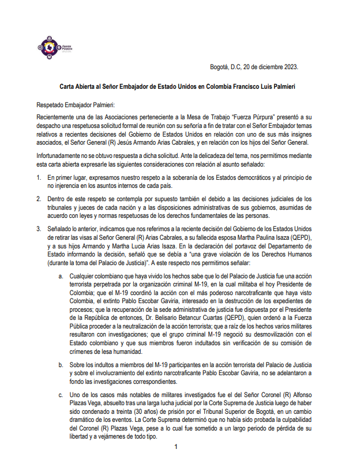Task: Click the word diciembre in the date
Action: (263, 67)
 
